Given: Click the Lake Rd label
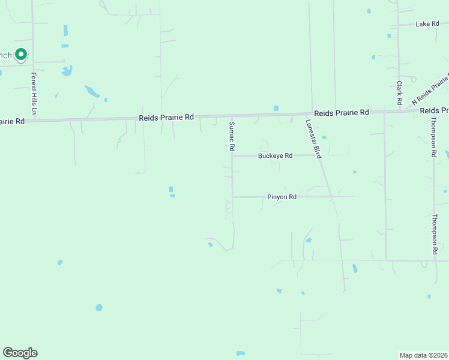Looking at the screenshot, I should [427, 24].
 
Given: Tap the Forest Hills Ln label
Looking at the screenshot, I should [34, 94].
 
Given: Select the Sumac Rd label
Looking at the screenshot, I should [231, 136].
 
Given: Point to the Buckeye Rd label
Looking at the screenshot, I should [275, 156].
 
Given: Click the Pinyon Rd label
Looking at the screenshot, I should [282, 197].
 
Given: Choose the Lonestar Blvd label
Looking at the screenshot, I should [314, 138].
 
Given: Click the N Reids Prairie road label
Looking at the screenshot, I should [430, 89].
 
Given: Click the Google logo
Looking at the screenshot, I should [20, 353].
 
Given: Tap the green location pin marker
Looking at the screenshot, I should [21, 55].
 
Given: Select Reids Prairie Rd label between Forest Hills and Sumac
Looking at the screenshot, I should [166, 118].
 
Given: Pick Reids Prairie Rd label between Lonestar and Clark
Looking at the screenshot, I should [340, 113].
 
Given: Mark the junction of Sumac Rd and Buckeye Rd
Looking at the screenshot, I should [232, 156].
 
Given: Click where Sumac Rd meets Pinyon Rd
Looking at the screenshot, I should [232, 197].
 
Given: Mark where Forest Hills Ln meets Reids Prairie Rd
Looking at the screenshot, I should [34, 120].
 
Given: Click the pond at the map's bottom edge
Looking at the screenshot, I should [241, 353].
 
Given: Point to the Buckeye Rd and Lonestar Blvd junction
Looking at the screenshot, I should [318, 155].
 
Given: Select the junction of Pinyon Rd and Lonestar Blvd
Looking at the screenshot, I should [331, 196].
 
